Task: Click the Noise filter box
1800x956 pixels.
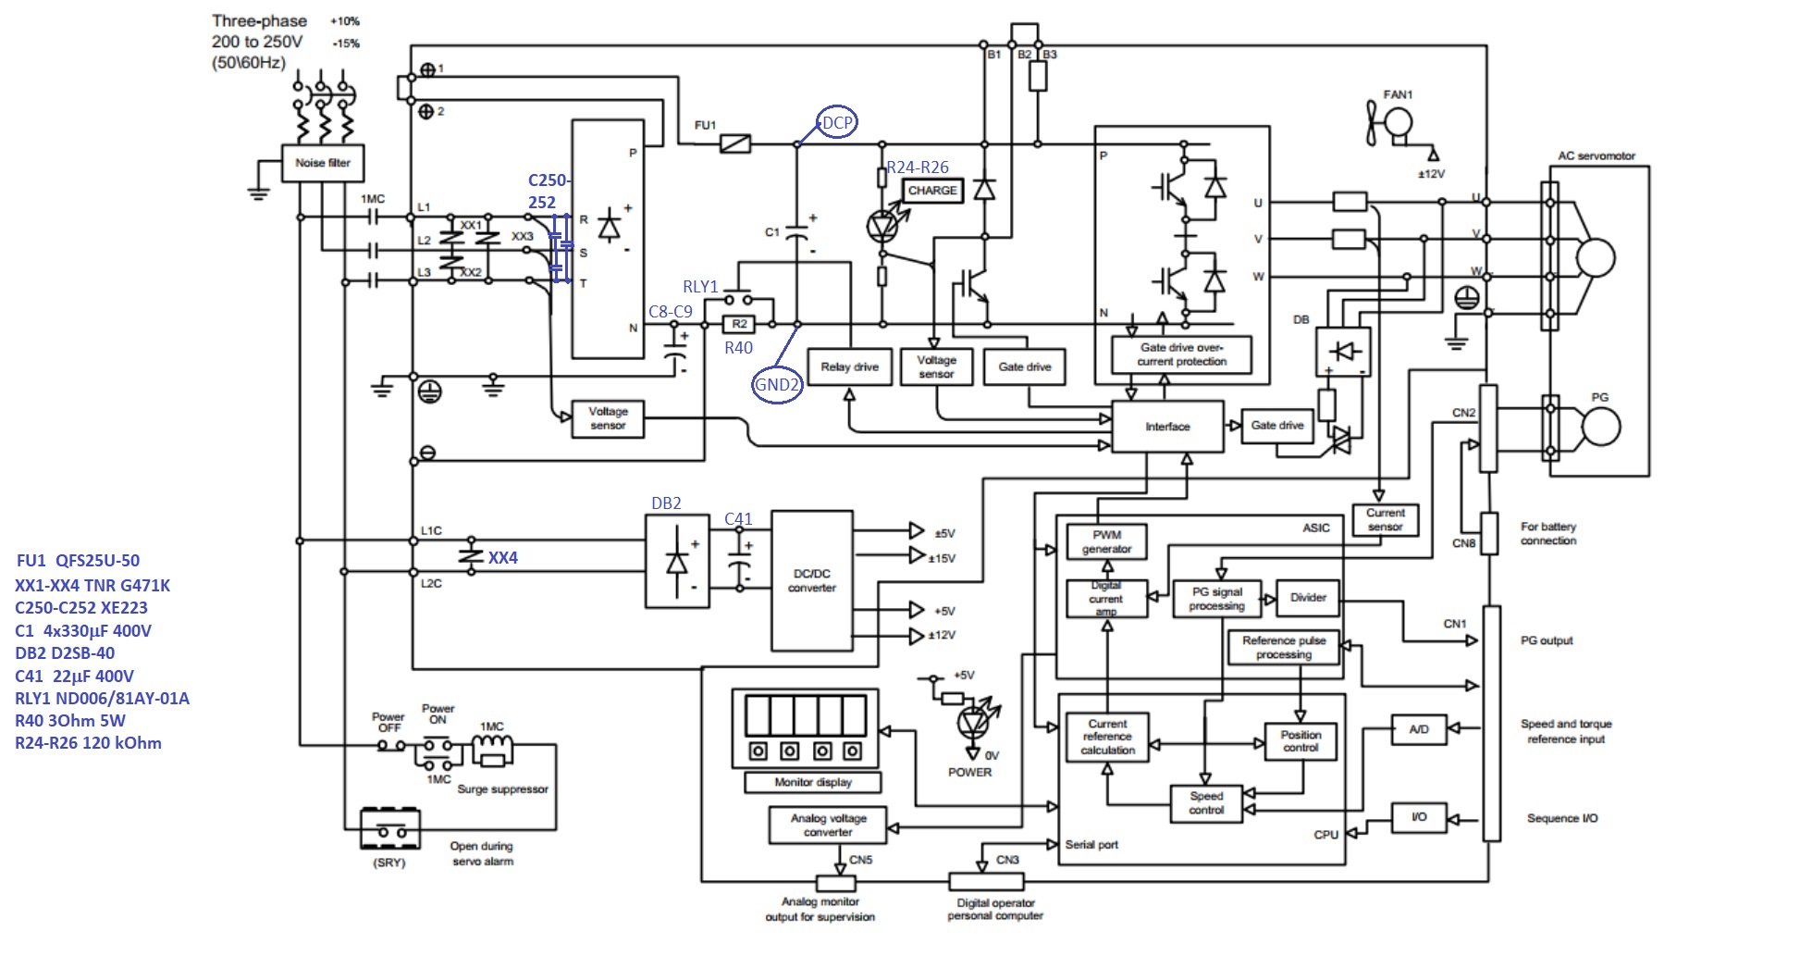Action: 322,163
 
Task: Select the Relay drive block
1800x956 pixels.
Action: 849,367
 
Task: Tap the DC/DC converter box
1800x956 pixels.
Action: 811,580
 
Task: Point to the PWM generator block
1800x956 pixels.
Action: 1106,541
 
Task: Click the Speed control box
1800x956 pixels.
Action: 1205,802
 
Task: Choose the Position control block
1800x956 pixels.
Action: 1300,741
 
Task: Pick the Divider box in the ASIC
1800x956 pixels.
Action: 1307,598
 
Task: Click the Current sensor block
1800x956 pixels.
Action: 1385,519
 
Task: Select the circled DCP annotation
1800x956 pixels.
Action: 837,122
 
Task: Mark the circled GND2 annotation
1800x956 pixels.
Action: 777,385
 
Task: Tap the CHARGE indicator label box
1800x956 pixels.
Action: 931,191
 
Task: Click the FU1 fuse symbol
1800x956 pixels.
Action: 735,143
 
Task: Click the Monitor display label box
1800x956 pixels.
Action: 812,783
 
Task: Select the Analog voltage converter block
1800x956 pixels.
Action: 828,825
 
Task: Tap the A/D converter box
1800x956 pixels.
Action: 1418,729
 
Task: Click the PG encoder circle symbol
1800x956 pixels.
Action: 1600,427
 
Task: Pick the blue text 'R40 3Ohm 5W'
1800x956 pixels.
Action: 70,721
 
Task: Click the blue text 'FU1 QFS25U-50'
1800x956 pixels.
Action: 78,561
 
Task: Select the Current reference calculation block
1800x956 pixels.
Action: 1107,737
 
